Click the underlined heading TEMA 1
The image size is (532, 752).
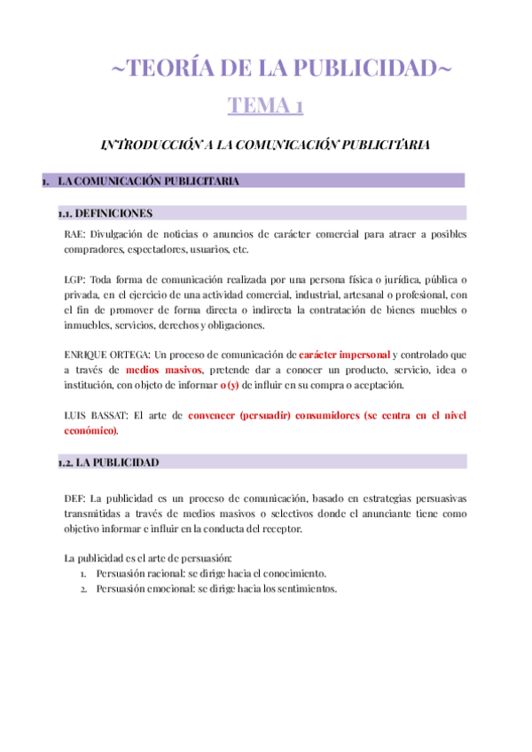click(x=265, y=106)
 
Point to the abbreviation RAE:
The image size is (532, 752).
click(x=75, y=234)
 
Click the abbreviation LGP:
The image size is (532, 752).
click(x=75, y=278)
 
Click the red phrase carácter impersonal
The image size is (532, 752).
click(x=344, y=354)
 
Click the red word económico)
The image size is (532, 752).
click(x=90, y=430)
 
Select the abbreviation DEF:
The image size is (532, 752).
click(x=75, y=497)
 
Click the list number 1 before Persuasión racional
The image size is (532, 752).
click(x=83, y=574)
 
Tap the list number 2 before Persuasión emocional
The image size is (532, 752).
click(x=83, y=589)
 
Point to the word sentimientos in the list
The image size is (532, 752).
click(x=305, y=589)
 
